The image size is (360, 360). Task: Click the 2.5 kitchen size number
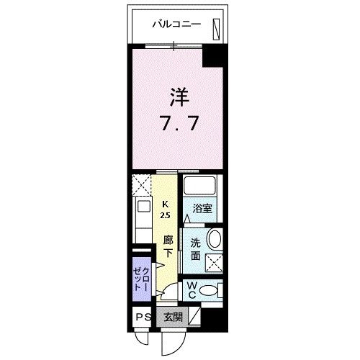click(165, 215)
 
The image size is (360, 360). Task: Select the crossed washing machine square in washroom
click(213, 262)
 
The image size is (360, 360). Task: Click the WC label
click(192, 289)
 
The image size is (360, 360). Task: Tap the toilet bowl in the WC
click(209, 291)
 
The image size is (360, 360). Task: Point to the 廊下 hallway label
click(167, 245)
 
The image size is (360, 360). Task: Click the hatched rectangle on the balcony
click(216, 27)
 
